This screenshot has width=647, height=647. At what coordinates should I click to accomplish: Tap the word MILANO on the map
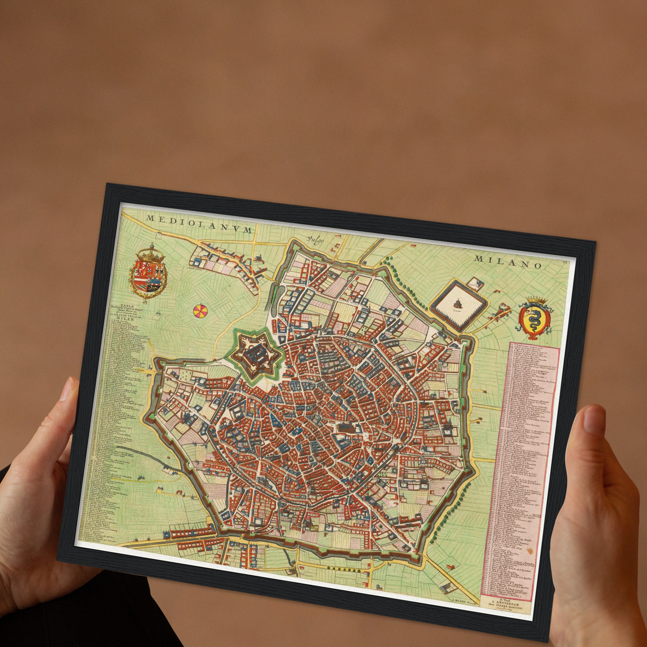tap(509, 262)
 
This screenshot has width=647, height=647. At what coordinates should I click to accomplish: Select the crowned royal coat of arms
tap(148, 273)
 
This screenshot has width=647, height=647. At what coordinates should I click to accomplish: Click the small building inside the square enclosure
tap(458, 304)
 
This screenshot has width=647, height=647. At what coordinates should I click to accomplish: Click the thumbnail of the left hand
tap(67, 389)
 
